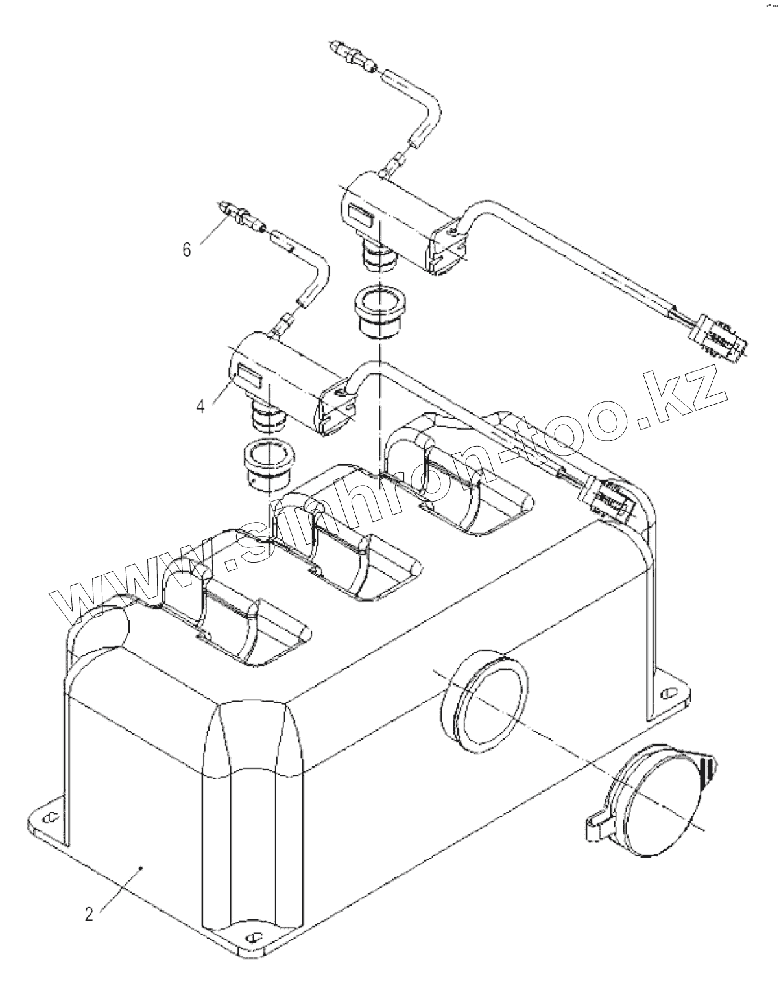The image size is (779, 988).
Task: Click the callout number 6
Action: point(187,250)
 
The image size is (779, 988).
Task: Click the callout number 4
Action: point(200,406)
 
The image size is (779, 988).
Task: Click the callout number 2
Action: point(89,914)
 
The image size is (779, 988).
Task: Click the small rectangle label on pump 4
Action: point(247,373)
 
